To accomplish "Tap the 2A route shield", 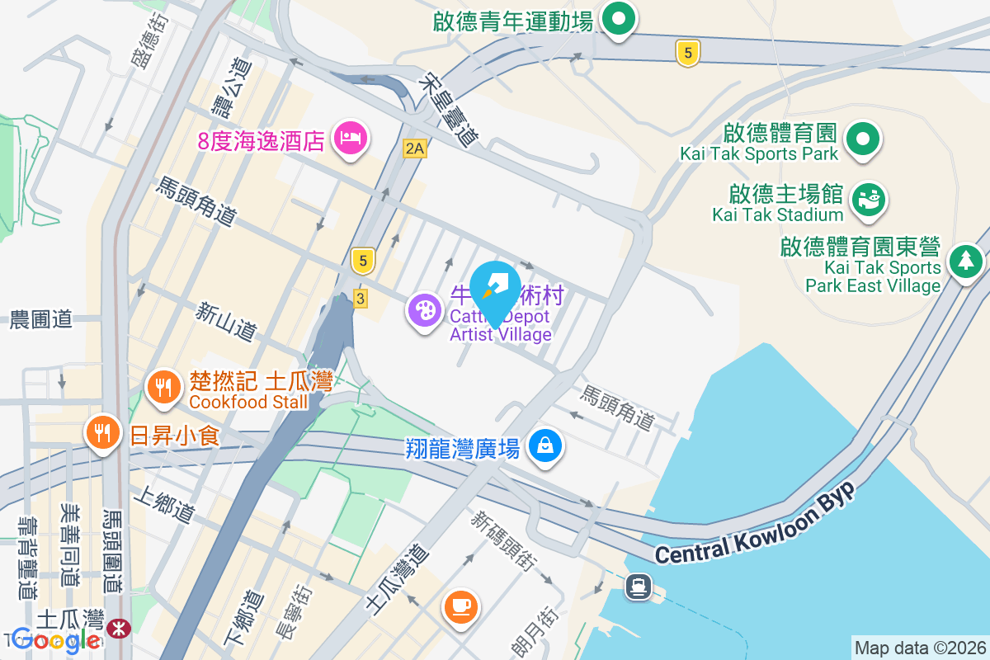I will (x=414, y=148).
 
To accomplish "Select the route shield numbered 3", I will (x=360, y=299).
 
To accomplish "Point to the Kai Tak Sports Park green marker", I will (x=863, y=139).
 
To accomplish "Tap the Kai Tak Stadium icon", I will (x=867, y=200).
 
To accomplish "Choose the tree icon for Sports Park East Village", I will (x=964, y=262).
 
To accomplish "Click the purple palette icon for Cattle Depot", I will (x=425, y=312).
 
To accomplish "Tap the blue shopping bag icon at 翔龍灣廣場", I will (x=544, y=446).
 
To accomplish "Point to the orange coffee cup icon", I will (x=460, y=606).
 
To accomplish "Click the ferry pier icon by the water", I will (x=638, y=587).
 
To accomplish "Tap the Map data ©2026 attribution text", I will (x=919, y=648).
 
